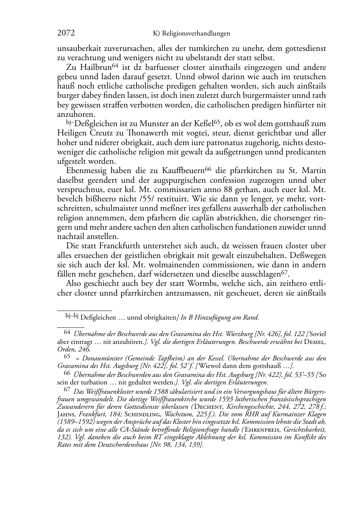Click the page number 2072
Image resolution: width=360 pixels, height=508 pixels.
coord(66,33)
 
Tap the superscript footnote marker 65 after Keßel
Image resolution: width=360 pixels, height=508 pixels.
coord(216,122)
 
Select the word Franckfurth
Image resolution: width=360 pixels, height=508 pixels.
coord(120,246)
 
